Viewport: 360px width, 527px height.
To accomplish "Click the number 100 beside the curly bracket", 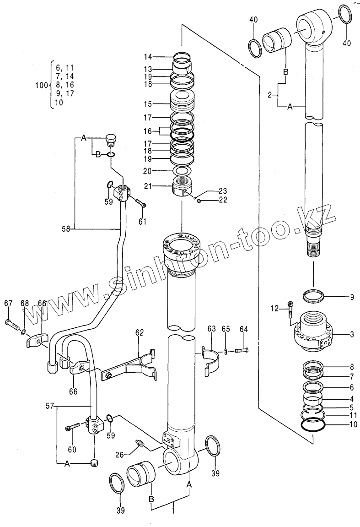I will click(x=41, y=85).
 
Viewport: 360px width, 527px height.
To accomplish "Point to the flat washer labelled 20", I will click(x=182, y=171).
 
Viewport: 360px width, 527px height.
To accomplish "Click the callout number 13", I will click(x=147, y=69).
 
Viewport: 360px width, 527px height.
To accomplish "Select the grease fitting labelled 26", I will click(x=140, y=444).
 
